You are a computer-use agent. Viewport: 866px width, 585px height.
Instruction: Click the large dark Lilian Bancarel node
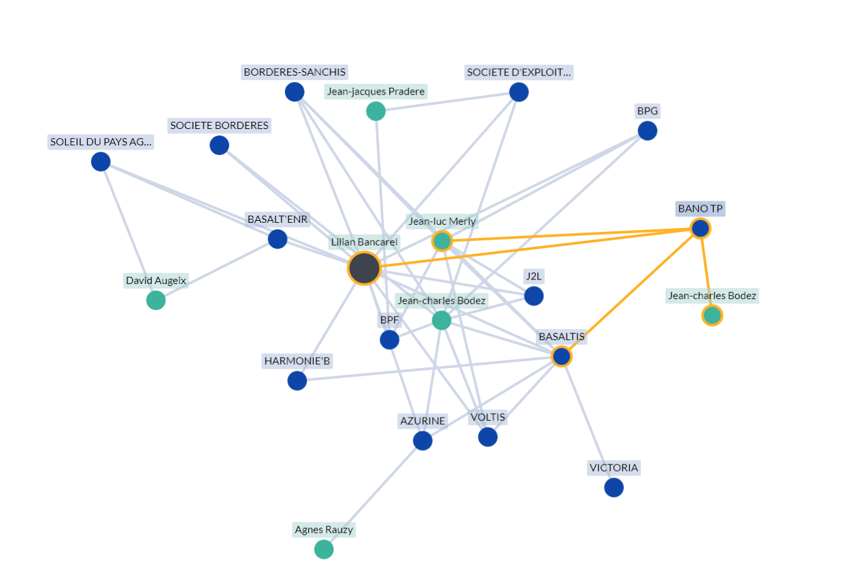click(364, 268)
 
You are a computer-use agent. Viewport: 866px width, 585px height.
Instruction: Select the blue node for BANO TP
click(700, 229)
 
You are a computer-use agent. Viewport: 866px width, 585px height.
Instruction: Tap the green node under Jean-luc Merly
click(442, 241)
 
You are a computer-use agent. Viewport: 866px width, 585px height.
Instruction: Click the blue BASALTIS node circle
click(562, 356)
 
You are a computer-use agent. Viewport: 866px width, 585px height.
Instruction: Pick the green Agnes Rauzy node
click(324, 549)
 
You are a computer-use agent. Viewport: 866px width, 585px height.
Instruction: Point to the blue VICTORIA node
click(614, 487)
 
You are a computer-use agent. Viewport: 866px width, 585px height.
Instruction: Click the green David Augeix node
click(156, 300)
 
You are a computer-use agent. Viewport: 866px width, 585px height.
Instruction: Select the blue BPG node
click(647, 131)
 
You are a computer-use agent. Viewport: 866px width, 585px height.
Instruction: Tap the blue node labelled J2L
click(534, 296)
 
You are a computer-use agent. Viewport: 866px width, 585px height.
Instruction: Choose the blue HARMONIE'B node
click(297, 380)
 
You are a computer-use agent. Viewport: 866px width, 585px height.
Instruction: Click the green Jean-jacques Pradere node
click(376, 111)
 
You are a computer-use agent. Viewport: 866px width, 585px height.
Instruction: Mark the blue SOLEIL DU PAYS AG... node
click(101, 162)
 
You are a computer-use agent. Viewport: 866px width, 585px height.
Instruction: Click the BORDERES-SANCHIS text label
click(295, 72)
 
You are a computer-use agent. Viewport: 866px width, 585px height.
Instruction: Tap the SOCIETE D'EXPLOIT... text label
click(519, 72)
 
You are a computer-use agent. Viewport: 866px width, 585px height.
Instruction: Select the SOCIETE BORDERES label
click(219, 126)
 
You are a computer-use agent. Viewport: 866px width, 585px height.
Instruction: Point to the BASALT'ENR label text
click(278, 219)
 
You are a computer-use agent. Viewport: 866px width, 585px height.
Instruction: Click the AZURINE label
click(422, 421)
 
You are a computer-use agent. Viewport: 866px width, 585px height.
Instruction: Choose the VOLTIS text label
click(487, 417)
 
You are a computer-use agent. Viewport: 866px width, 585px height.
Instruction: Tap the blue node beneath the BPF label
click(389, 339)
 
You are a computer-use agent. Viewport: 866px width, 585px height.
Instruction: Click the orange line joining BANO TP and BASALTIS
click(631, 292)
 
